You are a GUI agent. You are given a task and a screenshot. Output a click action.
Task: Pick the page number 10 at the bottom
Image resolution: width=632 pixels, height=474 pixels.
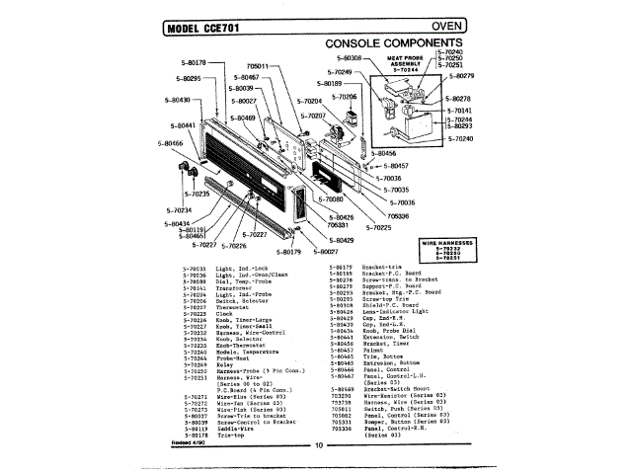(319, 445)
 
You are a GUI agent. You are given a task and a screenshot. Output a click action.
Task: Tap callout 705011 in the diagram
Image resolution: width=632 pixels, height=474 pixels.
(256, 66)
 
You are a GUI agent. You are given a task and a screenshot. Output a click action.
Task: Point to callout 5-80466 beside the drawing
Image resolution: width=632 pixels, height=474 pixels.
(170, 143)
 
